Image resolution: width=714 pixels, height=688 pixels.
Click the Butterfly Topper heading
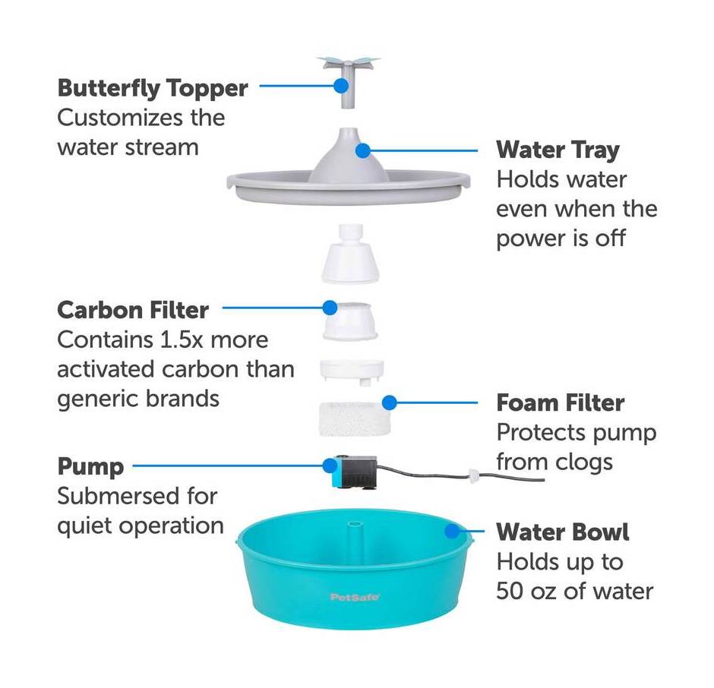pos(153,89)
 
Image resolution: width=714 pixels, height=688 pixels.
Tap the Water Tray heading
pos(558,150)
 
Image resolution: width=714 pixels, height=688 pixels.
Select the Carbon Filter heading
pos(133,310)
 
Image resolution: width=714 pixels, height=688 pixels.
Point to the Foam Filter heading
pos(560,403)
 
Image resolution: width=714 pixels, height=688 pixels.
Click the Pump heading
pos(90,467)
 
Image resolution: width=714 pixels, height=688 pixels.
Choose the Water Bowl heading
pos(563,532)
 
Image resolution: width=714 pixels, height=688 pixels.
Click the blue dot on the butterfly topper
pos(340,85)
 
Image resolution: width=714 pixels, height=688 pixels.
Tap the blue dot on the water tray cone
pos(363,150)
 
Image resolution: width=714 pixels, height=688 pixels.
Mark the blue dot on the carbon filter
pos(330,308)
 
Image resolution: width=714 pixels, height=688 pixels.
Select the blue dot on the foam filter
pos(390,402)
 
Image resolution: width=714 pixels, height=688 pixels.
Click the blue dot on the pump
pos(330,466)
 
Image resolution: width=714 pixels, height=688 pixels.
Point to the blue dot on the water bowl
pos(452,531)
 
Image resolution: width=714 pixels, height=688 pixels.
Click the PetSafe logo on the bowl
pos(355,598)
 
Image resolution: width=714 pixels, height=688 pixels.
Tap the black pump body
pos(359,474)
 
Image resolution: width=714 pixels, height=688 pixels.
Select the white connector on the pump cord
pos(474,477)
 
